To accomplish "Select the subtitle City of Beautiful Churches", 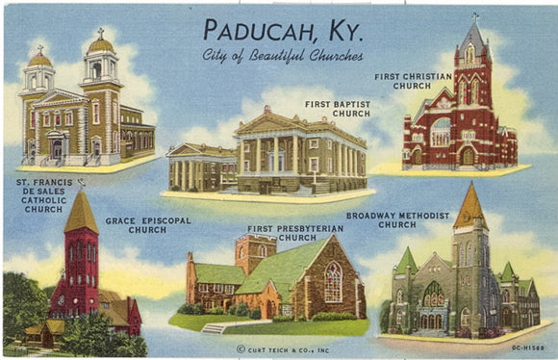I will pyautogui.click(x=282, y=55).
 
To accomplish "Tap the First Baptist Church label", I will pyautogui.click(x=337, y=108).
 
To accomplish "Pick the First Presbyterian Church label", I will pyautogui.click(x=282, y=232).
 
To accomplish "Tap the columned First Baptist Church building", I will pyautogui.click(x=300, y=154).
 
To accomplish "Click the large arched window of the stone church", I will pyautogui.click(x=333, y=282).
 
